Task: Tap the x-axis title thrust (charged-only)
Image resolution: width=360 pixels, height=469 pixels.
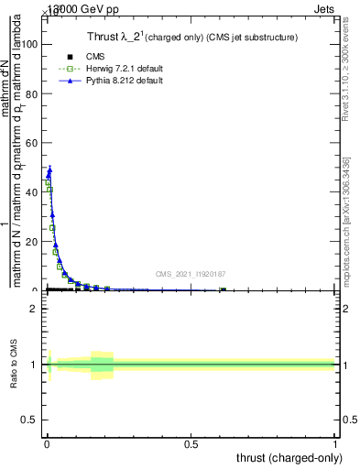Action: [x=290, y=457]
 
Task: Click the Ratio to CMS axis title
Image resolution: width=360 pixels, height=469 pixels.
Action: [x=15, y=365]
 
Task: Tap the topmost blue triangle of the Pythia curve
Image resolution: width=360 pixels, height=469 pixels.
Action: [x=49, y=169]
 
